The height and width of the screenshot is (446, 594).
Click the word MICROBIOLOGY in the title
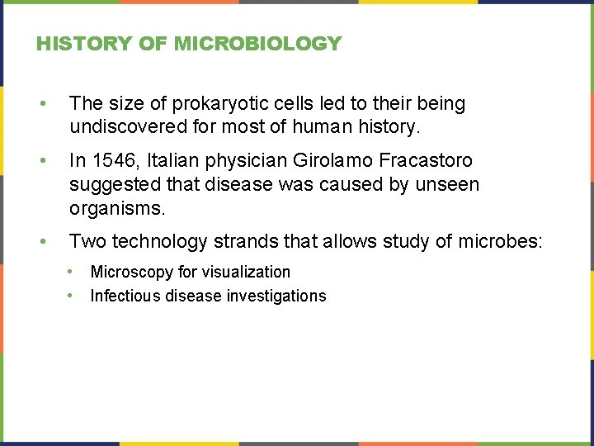(257, 44)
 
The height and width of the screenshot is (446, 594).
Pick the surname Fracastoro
(422, 160)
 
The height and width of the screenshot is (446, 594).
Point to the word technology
(159, 241)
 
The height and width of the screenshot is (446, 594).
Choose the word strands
(245, 241)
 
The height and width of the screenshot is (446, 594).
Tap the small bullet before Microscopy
(73, 271)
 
